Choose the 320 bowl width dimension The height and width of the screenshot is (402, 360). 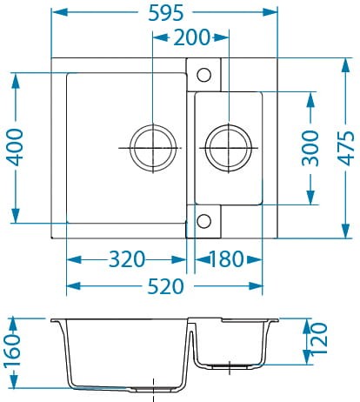126,259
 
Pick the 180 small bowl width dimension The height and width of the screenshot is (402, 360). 227,259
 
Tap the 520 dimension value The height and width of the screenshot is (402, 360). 164,286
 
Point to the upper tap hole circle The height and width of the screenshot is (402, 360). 203,73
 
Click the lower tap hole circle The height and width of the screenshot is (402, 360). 203,220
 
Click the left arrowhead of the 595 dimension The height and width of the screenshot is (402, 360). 55,13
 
